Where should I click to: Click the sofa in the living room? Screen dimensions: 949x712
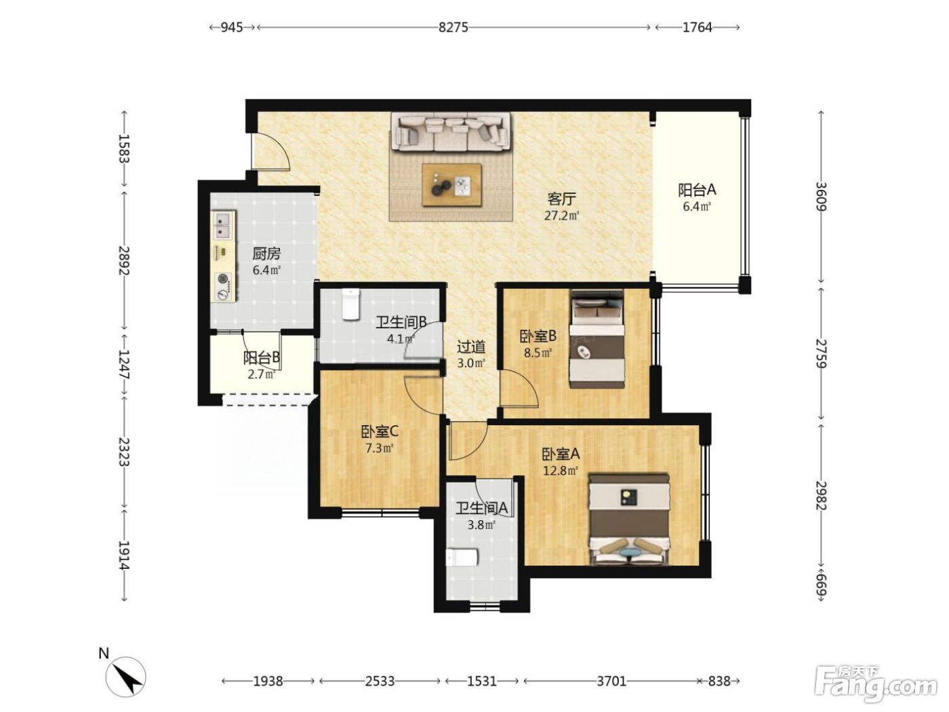[x=451, y=132]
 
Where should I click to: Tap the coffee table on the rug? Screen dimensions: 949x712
[x=452, y=185]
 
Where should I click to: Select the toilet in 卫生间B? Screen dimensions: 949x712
[x=350, y=304]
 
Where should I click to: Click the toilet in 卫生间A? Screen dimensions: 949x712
[x=462, y=558]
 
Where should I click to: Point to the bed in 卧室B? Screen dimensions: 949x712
[x=597, y=339]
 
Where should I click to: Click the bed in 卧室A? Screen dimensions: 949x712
[x=629, y=519]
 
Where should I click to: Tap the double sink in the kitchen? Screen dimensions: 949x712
[x=223, y=225]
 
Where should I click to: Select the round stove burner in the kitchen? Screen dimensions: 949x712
[x=224, y=279]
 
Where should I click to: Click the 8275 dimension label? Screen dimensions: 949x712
[x=453, y=28]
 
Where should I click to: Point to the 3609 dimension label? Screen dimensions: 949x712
[x=821, y=197]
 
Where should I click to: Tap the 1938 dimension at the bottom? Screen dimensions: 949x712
[x=268, y=681]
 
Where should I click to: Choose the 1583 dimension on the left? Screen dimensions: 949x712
[x=124, y=148]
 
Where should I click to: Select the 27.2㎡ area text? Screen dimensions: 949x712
[x=562, y=216]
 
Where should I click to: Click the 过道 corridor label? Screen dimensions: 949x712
[x=471, y=347]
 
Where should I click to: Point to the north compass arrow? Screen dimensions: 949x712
[x=134, y=683]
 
